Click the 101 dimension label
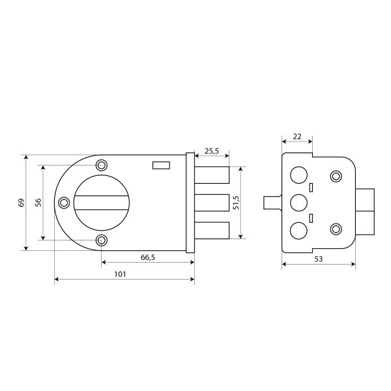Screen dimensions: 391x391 click(120, 274)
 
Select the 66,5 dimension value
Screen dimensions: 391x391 click(148, 257)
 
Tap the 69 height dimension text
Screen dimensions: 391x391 click(22, 203)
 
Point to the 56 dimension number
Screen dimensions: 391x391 click(38, 203)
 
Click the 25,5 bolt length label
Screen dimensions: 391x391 click(212, 151)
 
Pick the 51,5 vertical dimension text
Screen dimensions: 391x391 click(236, 203)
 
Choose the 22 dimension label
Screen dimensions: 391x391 click(297, 136)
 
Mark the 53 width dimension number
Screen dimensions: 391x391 click(319, 259)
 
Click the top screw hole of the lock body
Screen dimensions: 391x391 click(102, 165)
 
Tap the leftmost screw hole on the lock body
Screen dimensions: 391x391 click(64, 203)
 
